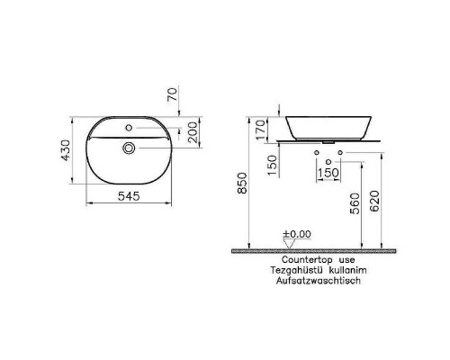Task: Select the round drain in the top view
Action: [130, 146]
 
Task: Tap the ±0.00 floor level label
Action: [296, 234]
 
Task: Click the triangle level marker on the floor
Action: [287, 243]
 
